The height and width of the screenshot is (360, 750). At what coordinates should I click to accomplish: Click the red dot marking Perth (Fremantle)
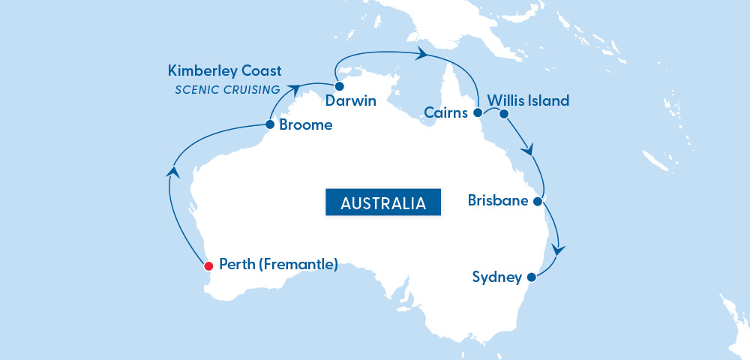pyautogui.click(x=208, y=265)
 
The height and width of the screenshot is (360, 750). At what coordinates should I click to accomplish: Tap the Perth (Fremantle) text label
pyautogui.click(x=278, y=265)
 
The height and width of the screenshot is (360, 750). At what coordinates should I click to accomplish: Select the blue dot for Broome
pyautogui.click(x=270, y=125)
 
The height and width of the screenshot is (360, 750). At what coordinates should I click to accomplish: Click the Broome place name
pyautogui.click(x=305, y=125)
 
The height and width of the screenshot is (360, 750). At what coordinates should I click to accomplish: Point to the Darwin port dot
pyautogui.click(x=338, y=86)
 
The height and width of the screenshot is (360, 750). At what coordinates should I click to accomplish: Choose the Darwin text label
pyautogui.click(x=351, y=100)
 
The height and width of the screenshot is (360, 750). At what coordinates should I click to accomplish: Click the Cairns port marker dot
pyautogui.click(x=477, y=113)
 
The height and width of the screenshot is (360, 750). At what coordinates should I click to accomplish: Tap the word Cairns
pyautogui.click(x=445, y=113)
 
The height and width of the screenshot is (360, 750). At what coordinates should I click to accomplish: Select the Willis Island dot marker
pyautogui.click(x=504, y=114)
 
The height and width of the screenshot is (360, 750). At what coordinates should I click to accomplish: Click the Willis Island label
pyautogui.click(x=528, y=100)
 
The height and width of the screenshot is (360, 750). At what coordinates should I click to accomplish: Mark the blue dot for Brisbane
pyautogui.click(x=537, y=201)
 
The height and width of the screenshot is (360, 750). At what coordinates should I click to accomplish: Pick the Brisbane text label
pyautogui.click(x=498, y=201)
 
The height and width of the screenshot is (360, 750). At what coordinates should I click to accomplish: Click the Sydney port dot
pyautogui.click(x=531, y=277)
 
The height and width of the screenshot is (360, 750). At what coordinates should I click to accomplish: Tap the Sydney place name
pyautogui.click(x=496, y=277)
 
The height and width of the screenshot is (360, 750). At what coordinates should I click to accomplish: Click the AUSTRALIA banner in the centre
pyautogui.click(x=382, y=202)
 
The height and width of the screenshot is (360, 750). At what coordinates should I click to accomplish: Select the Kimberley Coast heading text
pyautogui.click(x=225, y=71)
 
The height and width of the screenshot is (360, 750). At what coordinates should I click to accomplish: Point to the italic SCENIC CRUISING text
pyautogui.click(x=228, y=90)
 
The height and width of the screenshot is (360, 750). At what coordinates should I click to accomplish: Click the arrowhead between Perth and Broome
pyautogui.click(x=174, y=171)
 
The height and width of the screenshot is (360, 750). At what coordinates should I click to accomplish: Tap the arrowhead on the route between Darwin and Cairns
pyautogui.click(x=422, y=53)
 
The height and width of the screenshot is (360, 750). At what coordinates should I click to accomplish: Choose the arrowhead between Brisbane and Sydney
pyautogui.click(x=558, y=250)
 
